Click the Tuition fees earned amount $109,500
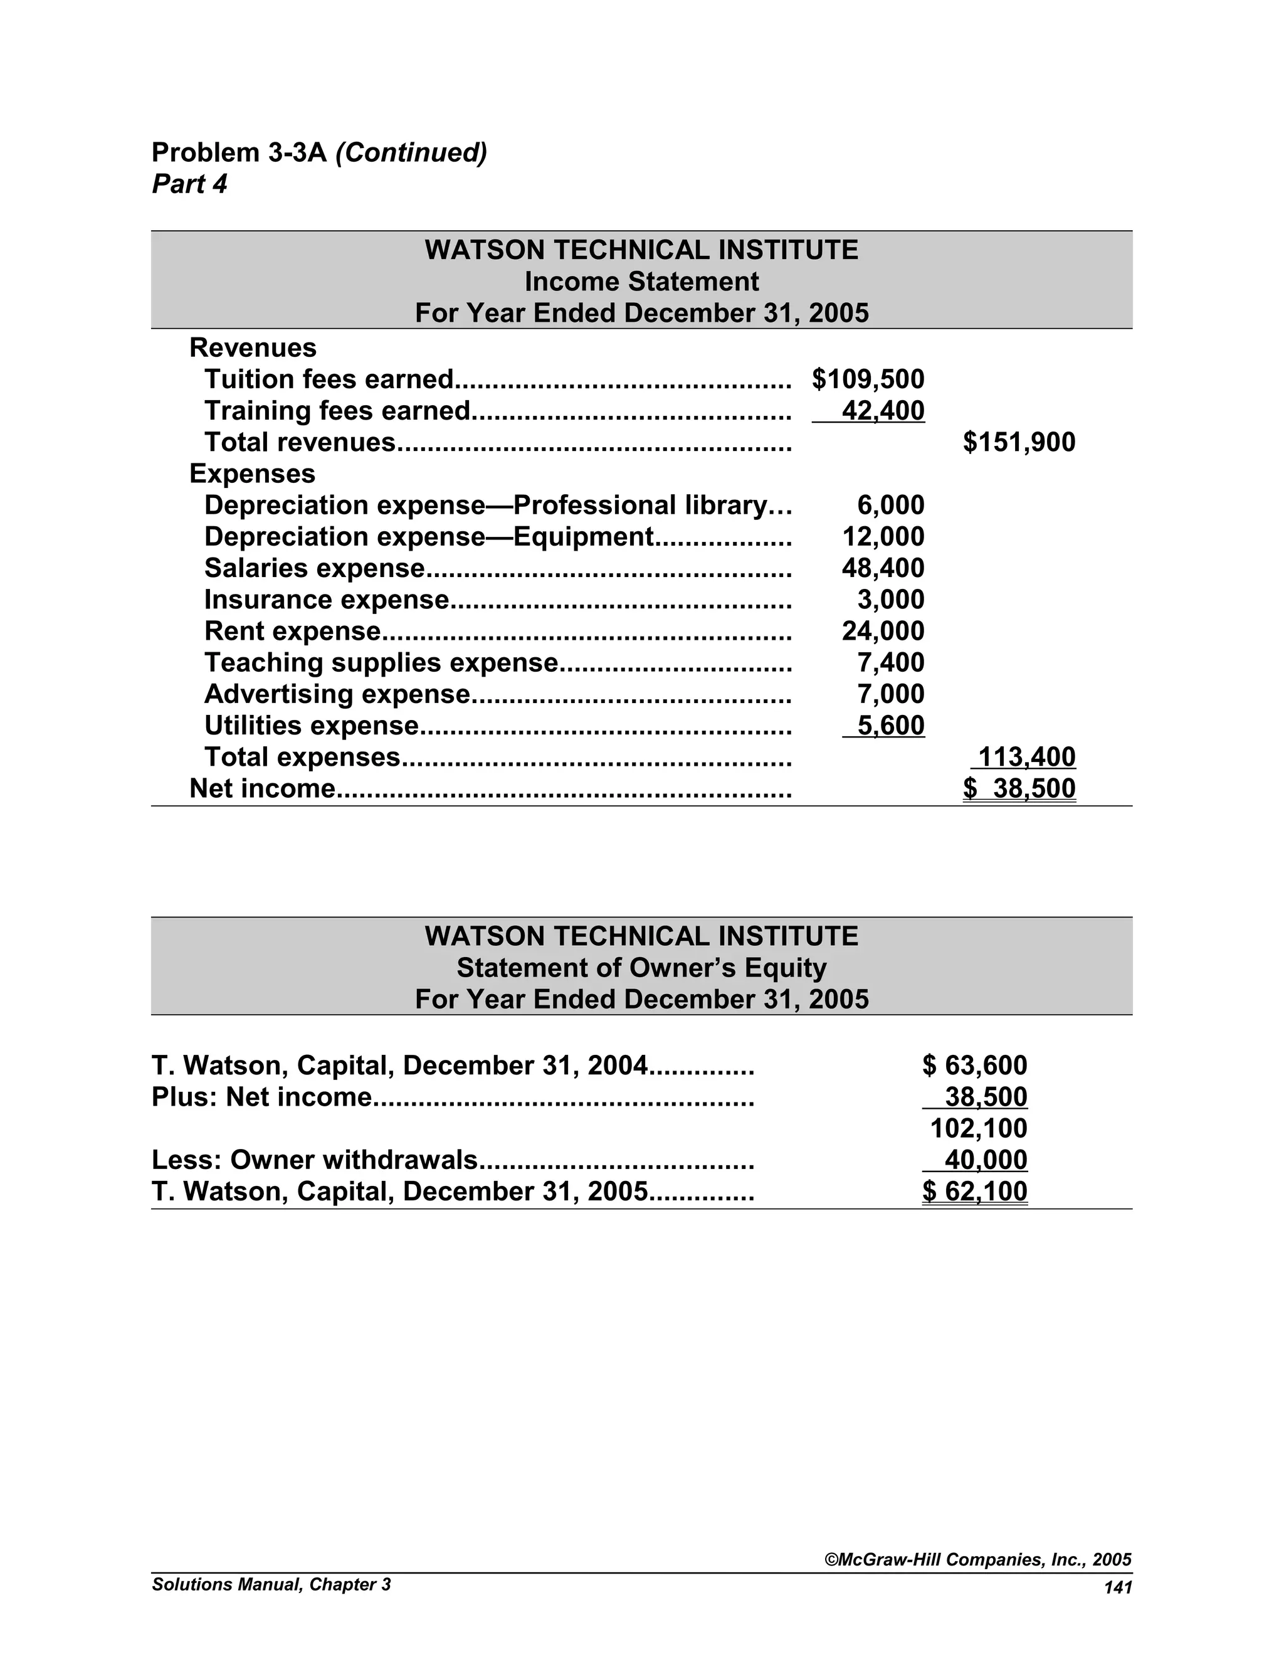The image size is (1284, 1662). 868,379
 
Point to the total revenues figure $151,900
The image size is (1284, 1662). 1019,442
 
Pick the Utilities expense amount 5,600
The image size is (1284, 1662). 890,726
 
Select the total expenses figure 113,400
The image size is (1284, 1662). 1025,757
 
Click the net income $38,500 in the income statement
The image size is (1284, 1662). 1019,789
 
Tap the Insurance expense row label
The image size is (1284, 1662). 327,600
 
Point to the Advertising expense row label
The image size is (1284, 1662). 337,695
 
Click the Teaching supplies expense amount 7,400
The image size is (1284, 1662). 890,663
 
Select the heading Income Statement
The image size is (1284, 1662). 641,282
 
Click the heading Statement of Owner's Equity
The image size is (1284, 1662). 641,968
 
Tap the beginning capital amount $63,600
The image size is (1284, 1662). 974,1066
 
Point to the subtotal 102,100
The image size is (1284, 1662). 978,1128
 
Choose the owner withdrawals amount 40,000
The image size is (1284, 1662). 985,1160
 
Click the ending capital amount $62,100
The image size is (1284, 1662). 974,1192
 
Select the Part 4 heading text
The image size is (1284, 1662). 189,184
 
